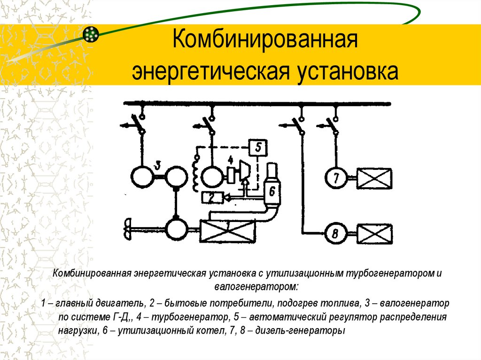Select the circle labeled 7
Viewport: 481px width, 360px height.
(x=336, y=178)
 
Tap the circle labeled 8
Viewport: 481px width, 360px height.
(x=336, y=233)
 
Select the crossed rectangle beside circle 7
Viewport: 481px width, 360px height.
(x=374, y=178)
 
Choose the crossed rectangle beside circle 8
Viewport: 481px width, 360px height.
(x=374, y=233)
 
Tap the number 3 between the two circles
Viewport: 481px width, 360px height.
(x=158, y=166)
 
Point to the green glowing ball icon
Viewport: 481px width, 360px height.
(x=91, y=34)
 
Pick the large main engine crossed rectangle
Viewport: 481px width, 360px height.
(x=227, y=231)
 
